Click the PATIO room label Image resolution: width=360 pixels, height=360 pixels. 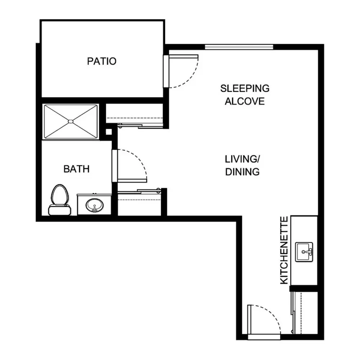point(102,61)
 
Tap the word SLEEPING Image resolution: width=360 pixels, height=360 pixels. point(245,89)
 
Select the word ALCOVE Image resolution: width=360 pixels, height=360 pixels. point(245,101)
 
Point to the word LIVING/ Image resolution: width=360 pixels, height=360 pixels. point(242,159)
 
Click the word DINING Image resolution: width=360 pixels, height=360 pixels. point(242,172)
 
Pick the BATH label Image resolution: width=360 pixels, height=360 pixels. point(76,169)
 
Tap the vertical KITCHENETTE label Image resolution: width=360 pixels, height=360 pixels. point(284,250)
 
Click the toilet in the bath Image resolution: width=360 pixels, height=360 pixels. point(60,200)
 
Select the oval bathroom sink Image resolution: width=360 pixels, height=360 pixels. point(95,205)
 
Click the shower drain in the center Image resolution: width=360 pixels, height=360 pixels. point(71,121)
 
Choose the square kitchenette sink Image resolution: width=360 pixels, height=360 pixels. point(304,252)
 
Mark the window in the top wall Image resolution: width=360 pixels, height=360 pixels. point(239,47)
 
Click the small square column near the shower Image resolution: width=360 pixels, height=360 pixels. point(109,132)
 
